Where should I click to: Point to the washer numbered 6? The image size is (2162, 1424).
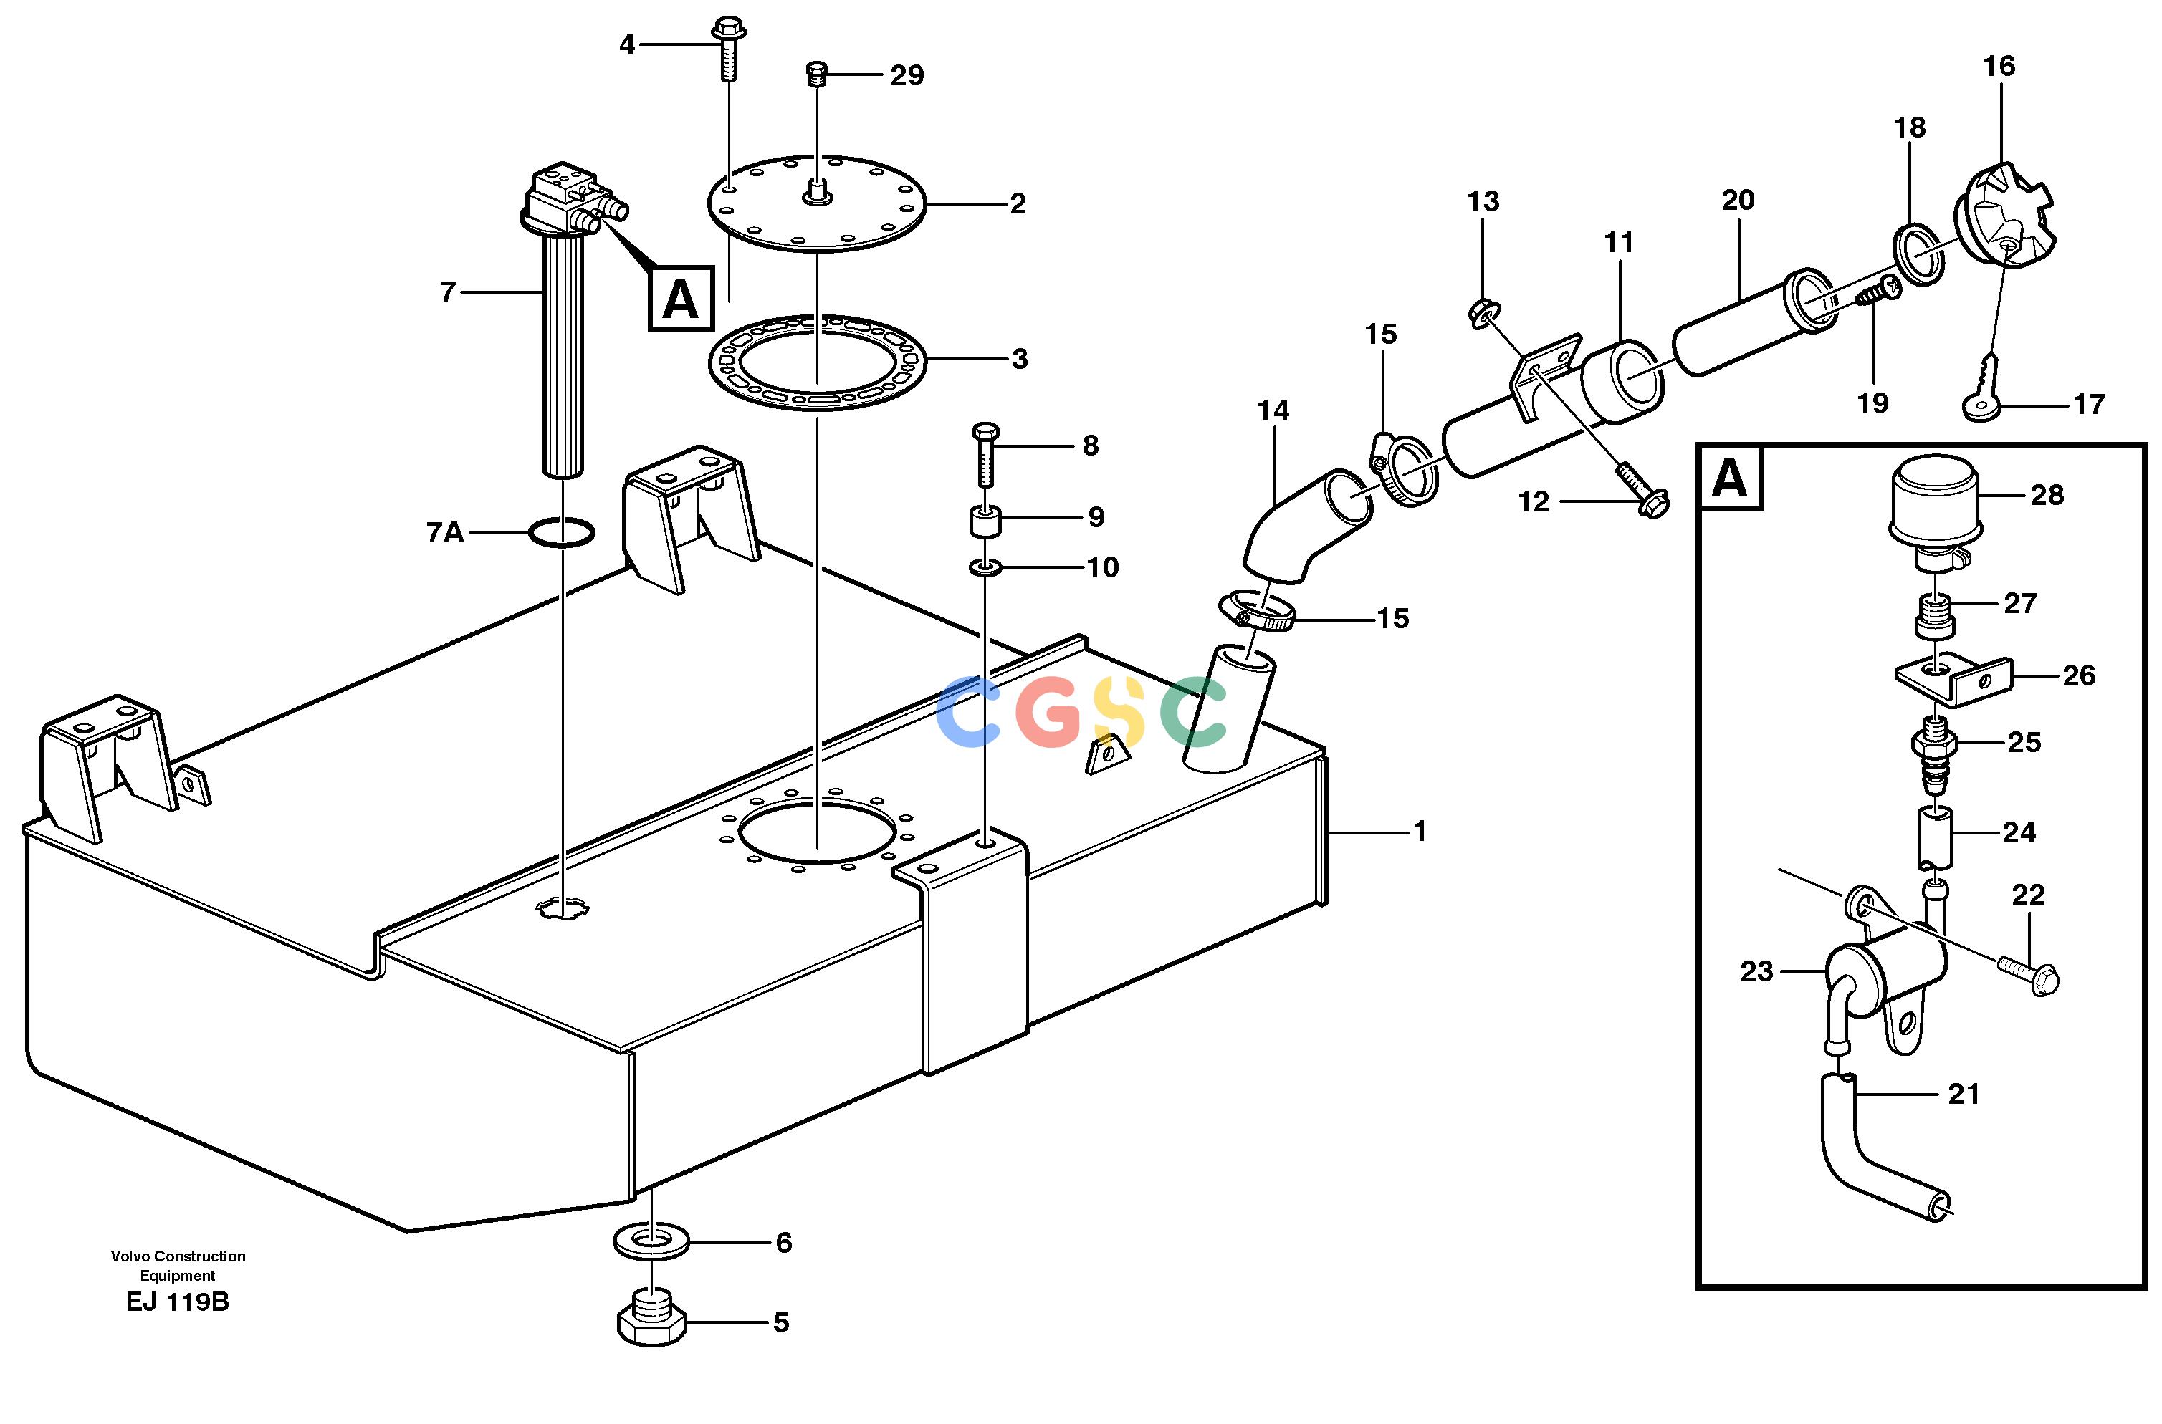[651, 1241]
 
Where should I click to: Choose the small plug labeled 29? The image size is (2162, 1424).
[818, 74]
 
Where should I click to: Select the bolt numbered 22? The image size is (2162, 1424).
[2027, 980]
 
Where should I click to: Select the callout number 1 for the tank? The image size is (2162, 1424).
[1419, 831]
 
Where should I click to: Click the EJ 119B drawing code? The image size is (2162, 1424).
[178, 1302]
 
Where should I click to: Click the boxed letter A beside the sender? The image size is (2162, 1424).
[680, 299]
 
